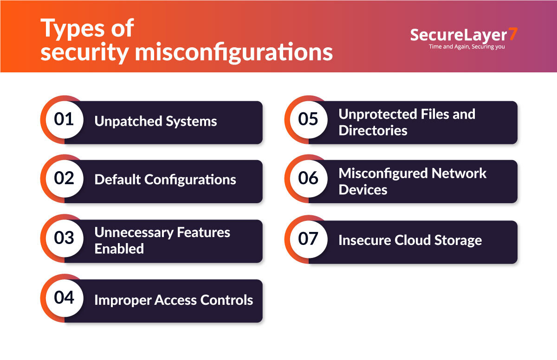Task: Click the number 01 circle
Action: click(x=64, y=120)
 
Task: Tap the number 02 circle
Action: click(x=64, y=179)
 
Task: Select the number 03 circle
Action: click(x=64, y=238)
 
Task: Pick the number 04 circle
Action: click(x=64, y=297)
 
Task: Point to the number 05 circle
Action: click(x=308, y=120)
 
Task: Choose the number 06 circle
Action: click(x=308, y=179)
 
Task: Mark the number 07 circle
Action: click(x=308, y=239)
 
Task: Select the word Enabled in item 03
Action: click(x=119, y=249)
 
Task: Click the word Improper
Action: click(x=122, y=300)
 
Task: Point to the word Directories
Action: click(x=373, y=130)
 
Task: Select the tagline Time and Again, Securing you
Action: click(x=467, y=47)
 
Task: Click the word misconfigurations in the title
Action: click(x=234, y=52)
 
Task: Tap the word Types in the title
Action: click(x=71, y=29)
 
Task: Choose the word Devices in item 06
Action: click(x=363, y=190)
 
